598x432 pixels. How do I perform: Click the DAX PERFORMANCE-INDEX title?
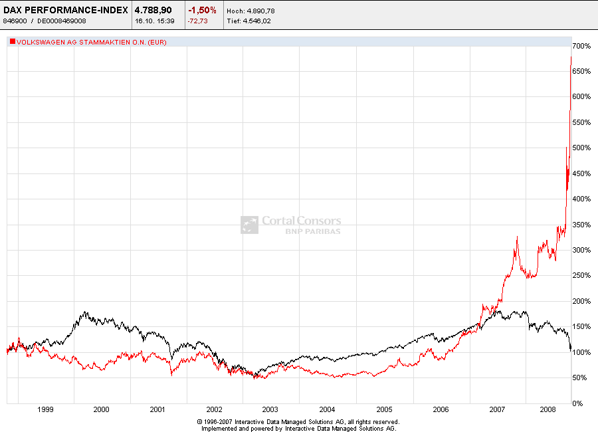tap(66, 10)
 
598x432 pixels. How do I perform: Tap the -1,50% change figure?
tap(202, 10)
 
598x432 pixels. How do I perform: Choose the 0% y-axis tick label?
tap(579, 403)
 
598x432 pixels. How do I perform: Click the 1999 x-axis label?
tap(45, 410)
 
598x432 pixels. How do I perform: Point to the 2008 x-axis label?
tap(548, 410)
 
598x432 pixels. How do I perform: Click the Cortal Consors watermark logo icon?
tap(249, 225)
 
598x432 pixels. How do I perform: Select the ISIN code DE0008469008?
tap(58, 21)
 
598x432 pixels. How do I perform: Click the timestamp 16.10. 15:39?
tap(153, 21)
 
